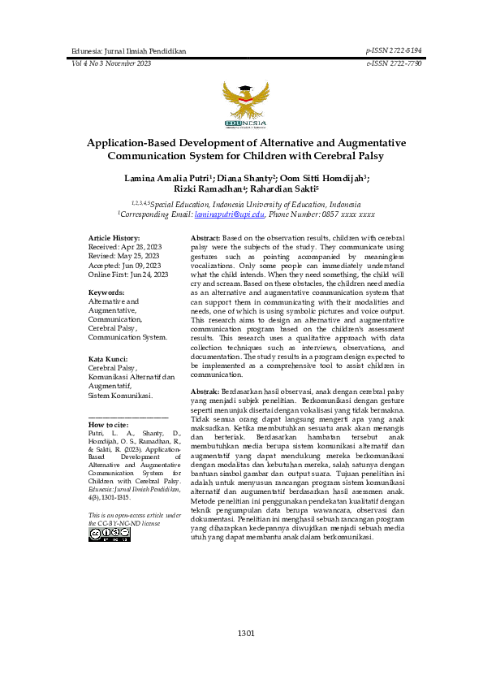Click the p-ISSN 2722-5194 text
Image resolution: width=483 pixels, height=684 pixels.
coord(394,50)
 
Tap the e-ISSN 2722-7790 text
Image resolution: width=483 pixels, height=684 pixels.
coord(394,63)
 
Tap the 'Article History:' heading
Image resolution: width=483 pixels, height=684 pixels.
coord(114,237)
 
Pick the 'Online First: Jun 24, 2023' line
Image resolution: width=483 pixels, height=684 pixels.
coord(127,275)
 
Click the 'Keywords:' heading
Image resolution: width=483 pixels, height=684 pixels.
coord(106,291)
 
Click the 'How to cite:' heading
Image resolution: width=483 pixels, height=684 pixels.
coord(107,425)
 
